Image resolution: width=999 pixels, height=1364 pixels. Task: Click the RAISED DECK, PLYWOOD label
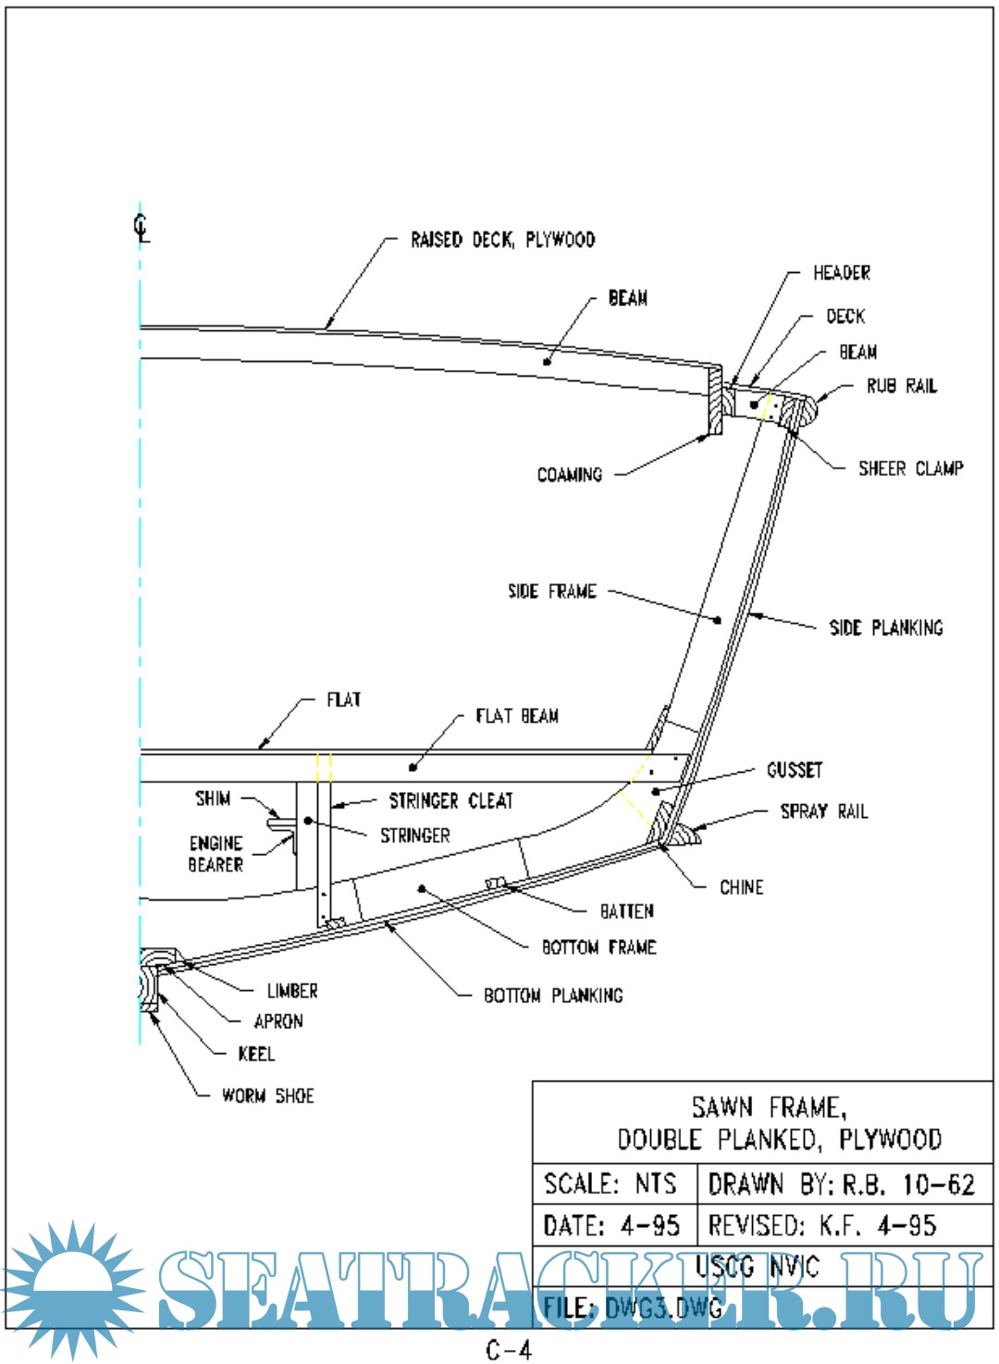(502, 241)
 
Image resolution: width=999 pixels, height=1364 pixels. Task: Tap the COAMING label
(569, 475)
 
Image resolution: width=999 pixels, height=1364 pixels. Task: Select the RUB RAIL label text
(901, 386)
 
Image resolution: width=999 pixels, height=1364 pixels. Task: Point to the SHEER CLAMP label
(910, 468)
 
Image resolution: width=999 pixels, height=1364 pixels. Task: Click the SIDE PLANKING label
(885, 627)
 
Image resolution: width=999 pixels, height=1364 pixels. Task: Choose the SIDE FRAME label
(551, 591)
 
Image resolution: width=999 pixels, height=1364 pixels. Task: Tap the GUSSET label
(794, 770)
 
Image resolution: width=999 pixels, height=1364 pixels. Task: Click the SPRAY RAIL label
(823, 812)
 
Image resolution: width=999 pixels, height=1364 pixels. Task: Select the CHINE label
(741, 887)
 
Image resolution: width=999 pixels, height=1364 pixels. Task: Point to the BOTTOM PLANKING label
(553, 996)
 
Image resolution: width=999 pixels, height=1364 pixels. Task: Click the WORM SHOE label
(267, 1096)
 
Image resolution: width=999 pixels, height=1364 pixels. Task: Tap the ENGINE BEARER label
(216, 854)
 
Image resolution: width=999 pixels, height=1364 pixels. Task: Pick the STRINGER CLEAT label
(450, 800)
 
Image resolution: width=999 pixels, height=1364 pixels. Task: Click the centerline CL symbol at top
(141, 227)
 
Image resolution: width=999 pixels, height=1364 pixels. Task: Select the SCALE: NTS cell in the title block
(610, 1184)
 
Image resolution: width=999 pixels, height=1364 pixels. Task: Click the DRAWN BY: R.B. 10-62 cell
(841, 1184)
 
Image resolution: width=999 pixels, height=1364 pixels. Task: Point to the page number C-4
(509, 1350)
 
